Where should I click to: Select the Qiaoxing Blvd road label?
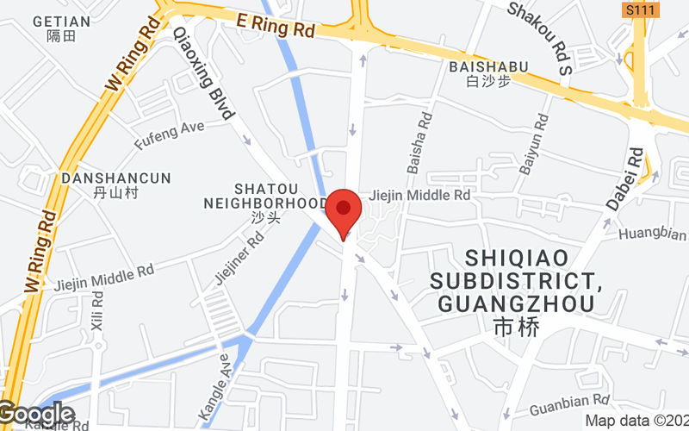[204, 72]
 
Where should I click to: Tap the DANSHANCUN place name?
[115, 178]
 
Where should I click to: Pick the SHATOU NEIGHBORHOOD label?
[265, 196]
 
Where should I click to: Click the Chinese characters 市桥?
[515, 328]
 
